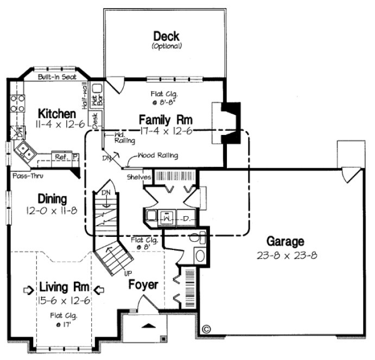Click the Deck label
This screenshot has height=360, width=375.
[x=166, y=36]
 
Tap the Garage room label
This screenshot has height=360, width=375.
[x=285, y=242]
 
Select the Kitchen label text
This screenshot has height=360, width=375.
[x=57, y=114]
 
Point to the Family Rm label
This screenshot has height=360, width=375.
[x=166, y=119]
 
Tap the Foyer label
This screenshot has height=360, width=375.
[x=143, y=285]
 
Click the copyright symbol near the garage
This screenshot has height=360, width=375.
[x=206, y=329]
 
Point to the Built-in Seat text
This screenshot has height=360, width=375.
[x=57, y=78]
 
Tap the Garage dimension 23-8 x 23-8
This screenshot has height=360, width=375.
[x=285, y=255]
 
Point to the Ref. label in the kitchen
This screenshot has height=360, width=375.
[x=60, y=157]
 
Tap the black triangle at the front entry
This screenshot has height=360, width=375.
[x=150, y=325]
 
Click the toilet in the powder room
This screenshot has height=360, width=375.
[x=198, y=237]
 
